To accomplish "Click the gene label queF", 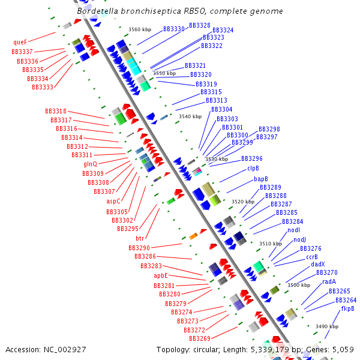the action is (20, 43).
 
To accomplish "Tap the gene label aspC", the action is (113, 202).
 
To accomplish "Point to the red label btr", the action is (140, 238).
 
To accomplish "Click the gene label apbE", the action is (161, 275).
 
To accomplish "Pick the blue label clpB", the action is (253, 169).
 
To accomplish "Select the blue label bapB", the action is (260, 179).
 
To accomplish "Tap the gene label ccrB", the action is (312, 256).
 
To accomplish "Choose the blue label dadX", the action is (318, 264).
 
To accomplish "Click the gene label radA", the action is (329, 281).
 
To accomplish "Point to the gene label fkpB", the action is (347, 308).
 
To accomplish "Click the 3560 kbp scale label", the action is (140, 29).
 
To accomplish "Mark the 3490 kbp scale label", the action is (326, 326).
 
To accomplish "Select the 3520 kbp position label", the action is (243, 202).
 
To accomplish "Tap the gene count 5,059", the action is (343, 349).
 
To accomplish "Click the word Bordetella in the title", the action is (98, 11).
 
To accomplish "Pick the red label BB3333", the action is (43, 88).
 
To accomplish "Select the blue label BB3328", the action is (200, 26).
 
